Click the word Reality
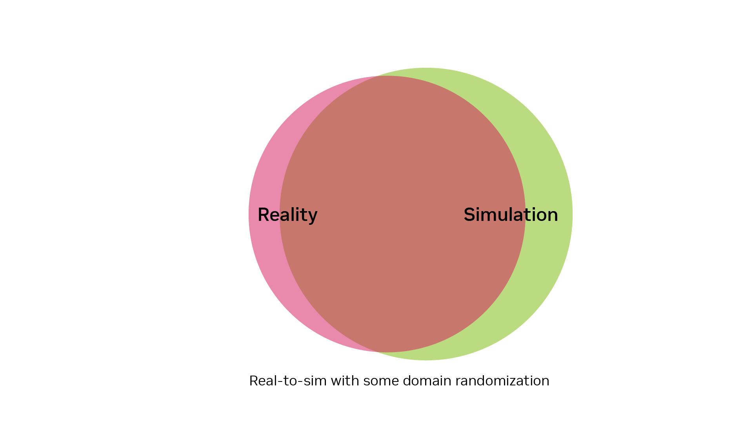pyautogui.click(x=287, y=215)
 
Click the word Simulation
pyautogui.click(x=511, y=215)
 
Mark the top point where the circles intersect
pyautogui.click(x=377, y=76)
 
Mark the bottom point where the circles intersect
pyautogui.click(x=377, y=352)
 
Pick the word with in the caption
pyautogui.click(x=345, y=381)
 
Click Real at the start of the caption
pyautogui.click(x=262, y=381)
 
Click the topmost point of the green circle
pyautogui.click(x=426, y=68)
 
